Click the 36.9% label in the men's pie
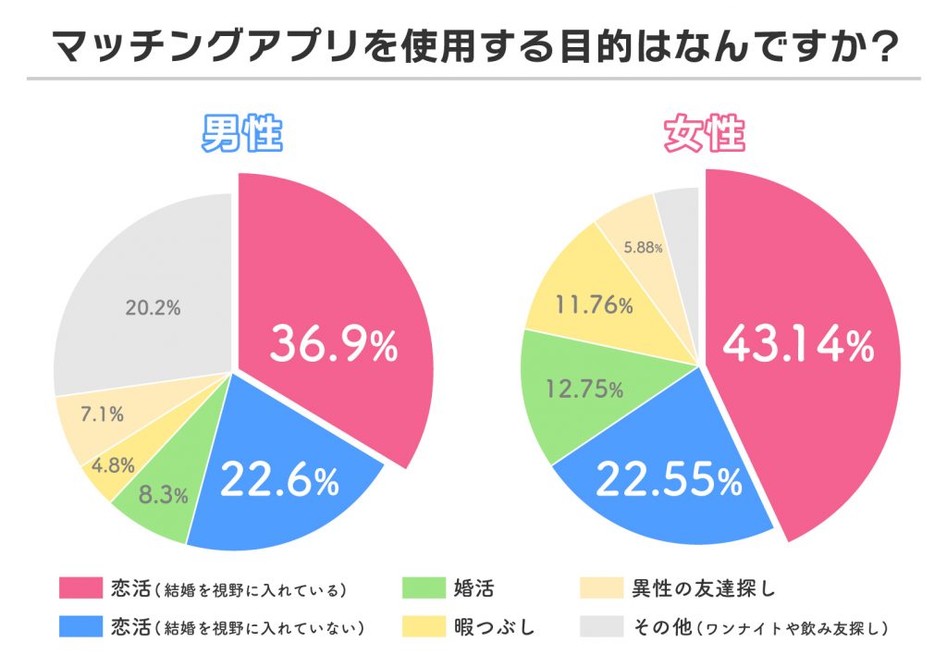(334, 345)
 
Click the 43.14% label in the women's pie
(798, 345)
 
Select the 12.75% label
(586, 389)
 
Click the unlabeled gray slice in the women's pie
(678, 208)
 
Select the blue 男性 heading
(242, 136)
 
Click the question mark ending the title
(885, 46)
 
